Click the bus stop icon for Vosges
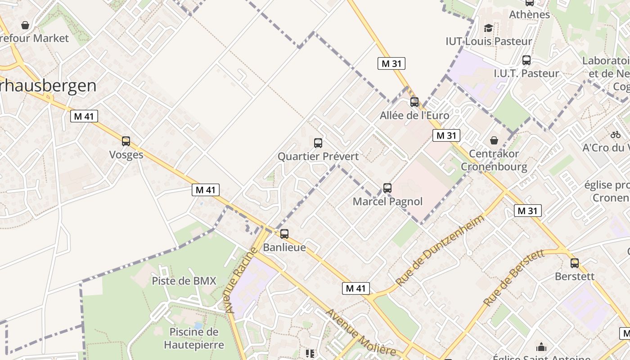pos(126,141)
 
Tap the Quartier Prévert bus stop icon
pos(318,143)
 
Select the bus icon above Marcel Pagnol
pos(387,188)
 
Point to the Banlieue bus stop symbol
pos(284,234)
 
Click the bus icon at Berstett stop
pos(575,263)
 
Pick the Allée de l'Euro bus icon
pos(414,102)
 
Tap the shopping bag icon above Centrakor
pos(494,140)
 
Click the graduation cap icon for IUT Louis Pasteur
pos(488,28)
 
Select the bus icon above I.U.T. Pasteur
pos(526,60)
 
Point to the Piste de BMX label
pos(184,281)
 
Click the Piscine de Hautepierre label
pos(194,338)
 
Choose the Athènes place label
pos(529,14)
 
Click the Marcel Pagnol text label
pos(387,201)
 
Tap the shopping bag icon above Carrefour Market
pos(25,25)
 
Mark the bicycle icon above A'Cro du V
pos(616,134)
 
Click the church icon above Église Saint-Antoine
pos(541,347)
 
